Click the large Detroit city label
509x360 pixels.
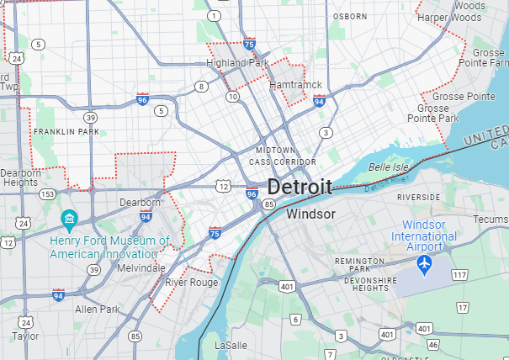[300, 187]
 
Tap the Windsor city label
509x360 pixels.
[310, 214]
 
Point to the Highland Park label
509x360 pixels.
[237, 63]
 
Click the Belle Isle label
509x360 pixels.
[388, 167]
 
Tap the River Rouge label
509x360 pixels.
[191, 283]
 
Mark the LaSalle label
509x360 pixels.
[231, 346]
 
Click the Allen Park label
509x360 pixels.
[98, 310]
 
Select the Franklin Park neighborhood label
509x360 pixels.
[66, 132]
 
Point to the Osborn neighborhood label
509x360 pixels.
[349, 16]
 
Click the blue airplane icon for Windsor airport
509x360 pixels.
[424, 266]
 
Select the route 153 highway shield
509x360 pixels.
[49, 194]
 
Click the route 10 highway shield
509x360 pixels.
[232, 97]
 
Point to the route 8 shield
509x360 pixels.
[201, 87]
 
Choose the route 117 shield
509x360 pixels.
[459, 275]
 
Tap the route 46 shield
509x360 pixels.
[432, 345]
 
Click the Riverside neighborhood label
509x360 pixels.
[419, 197]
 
